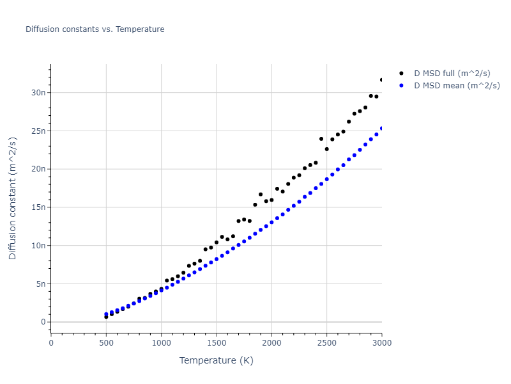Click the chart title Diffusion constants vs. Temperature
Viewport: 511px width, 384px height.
pos(95,29)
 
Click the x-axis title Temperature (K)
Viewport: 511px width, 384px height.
pos(216,360)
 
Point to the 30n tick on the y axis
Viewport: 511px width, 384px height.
pos(39,92)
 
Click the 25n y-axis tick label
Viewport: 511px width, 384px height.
pos(39,131)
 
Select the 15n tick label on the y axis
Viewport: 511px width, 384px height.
pos(39,207)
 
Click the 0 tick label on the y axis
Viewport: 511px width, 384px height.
pos(43,322)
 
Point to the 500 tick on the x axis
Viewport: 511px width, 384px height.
pos(106,343)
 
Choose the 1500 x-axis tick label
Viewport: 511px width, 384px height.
pos(216,343)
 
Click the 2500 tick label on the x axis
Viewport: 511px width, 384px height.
pos(326,343)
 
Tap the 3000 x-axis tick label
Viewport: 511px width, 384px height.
pos(381,343)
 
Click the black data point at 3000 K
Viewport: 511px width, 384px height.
pos(382,80)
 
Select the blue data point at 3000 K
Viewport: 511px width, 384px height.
pos(382,128)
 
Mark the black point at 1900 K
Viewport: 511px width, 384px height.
pos(261,194)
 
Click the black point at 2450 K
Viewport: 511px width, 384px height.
pos(321,138)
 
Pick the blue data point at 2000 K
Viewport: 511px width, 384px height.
pos(271,222)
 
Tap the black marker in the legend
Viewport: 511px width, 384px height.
pos(401,74)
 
